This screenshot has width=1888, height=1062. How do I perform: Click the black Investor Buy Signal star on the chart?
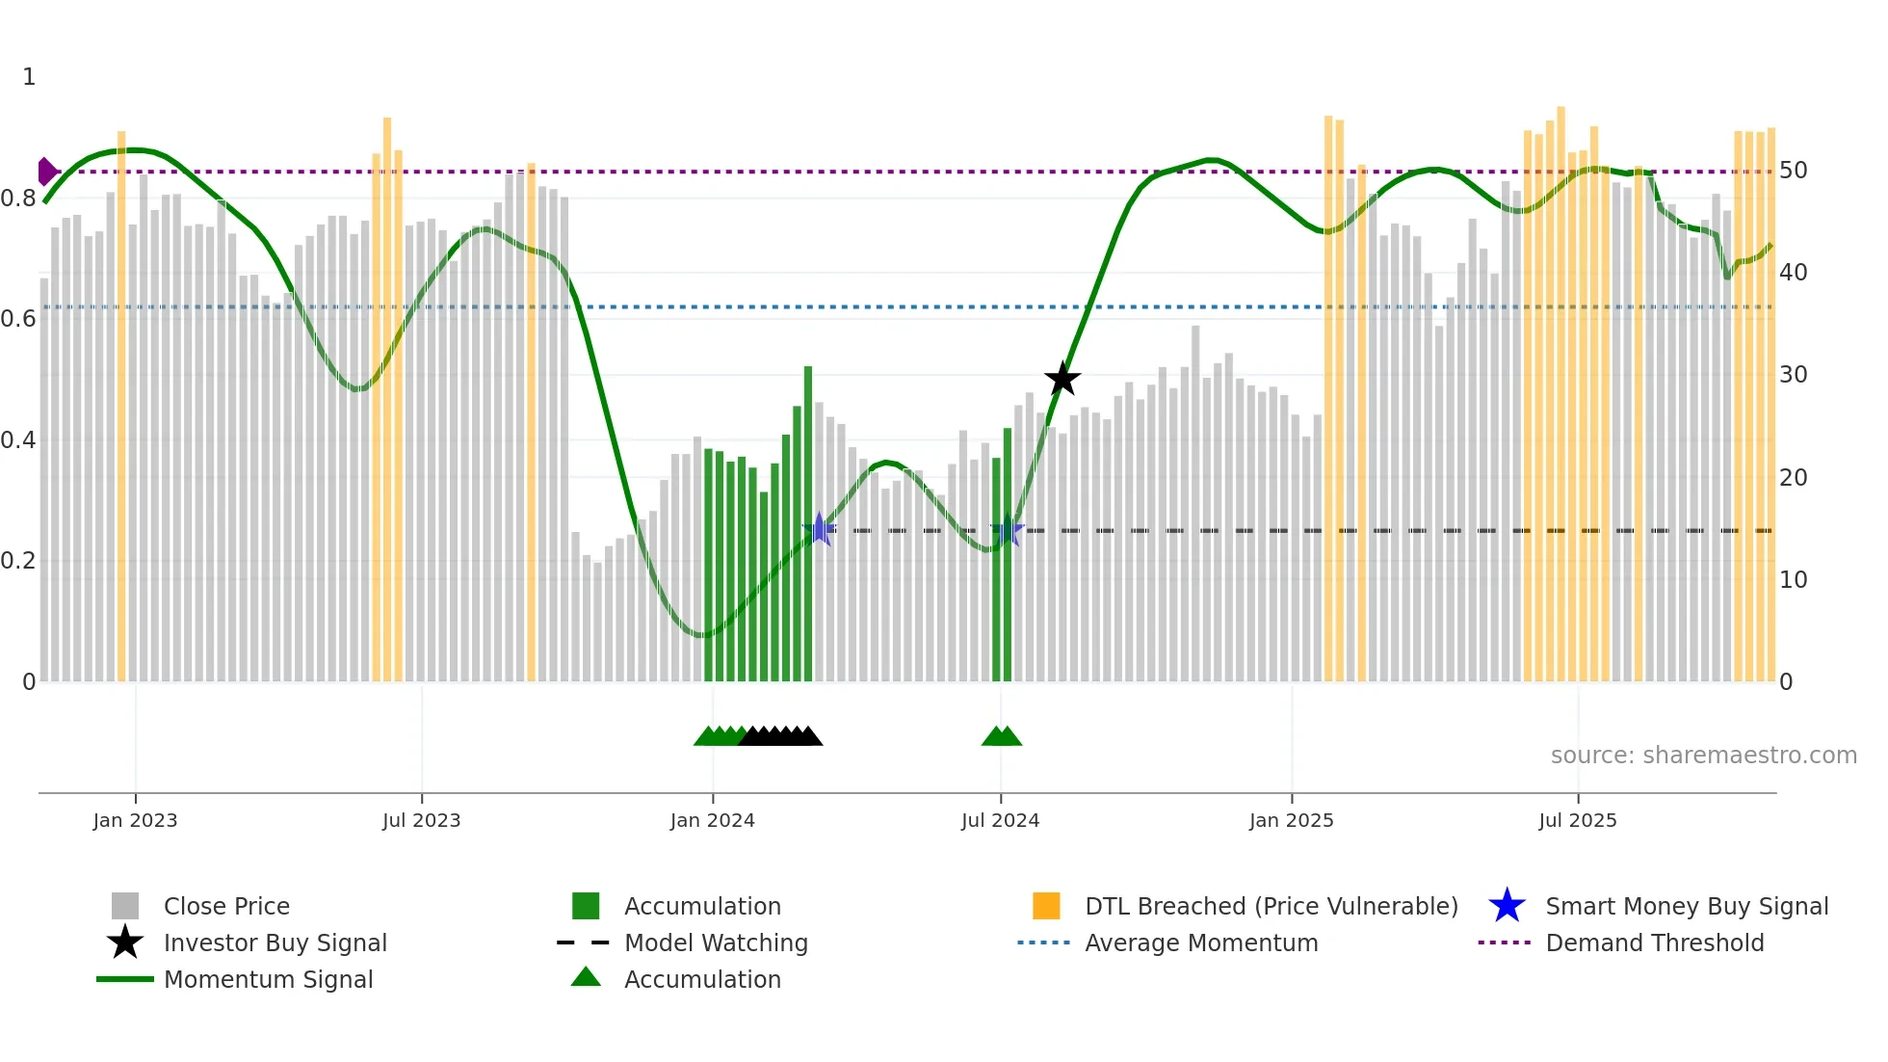[1062, 380]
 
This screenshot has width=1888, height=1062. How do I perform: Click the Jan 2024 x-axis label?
[712, 820]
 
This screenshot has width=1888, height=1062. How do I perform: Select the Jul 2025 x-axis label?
[1577, 820]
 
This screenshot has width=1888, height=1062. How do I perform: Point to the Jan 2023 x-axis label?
[135, 820]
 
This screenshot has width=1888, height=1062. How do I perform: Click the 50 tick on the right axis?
[1793, 171]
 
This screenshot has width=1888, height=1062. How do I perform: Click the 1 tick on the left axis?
[29, 77]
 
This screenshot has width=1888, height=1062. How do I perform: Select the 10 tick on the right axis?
[1793, 580]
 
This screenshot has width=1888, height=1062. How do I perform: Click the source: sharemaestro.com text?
[1703, 756]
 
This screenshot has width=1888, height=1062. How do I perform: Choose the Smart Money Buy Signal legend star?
[1507, 906]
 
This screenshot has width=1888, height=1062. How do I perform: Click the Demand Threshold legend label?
[1654, 943]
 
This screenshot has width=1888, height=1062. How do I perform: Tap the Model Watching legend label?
[716, 943]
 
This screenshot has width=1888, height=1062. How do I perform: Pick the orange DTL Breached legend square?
[1046, 906]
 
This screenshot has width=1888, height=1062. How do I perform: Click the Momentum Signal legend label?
[268, 979]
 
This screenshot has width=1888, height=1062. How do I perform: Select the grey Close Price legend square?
[125, 906]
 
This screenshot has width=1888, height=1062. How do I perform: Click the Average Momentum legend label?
[1201, 943]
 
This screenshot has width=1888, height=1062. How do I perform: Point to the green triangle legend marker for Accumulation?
[586, 978]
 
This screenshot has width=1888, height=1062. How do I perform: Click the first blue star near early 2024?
[819, 529]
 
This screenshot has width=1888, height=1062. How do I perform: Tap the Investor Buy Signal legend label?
[275, 943]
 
